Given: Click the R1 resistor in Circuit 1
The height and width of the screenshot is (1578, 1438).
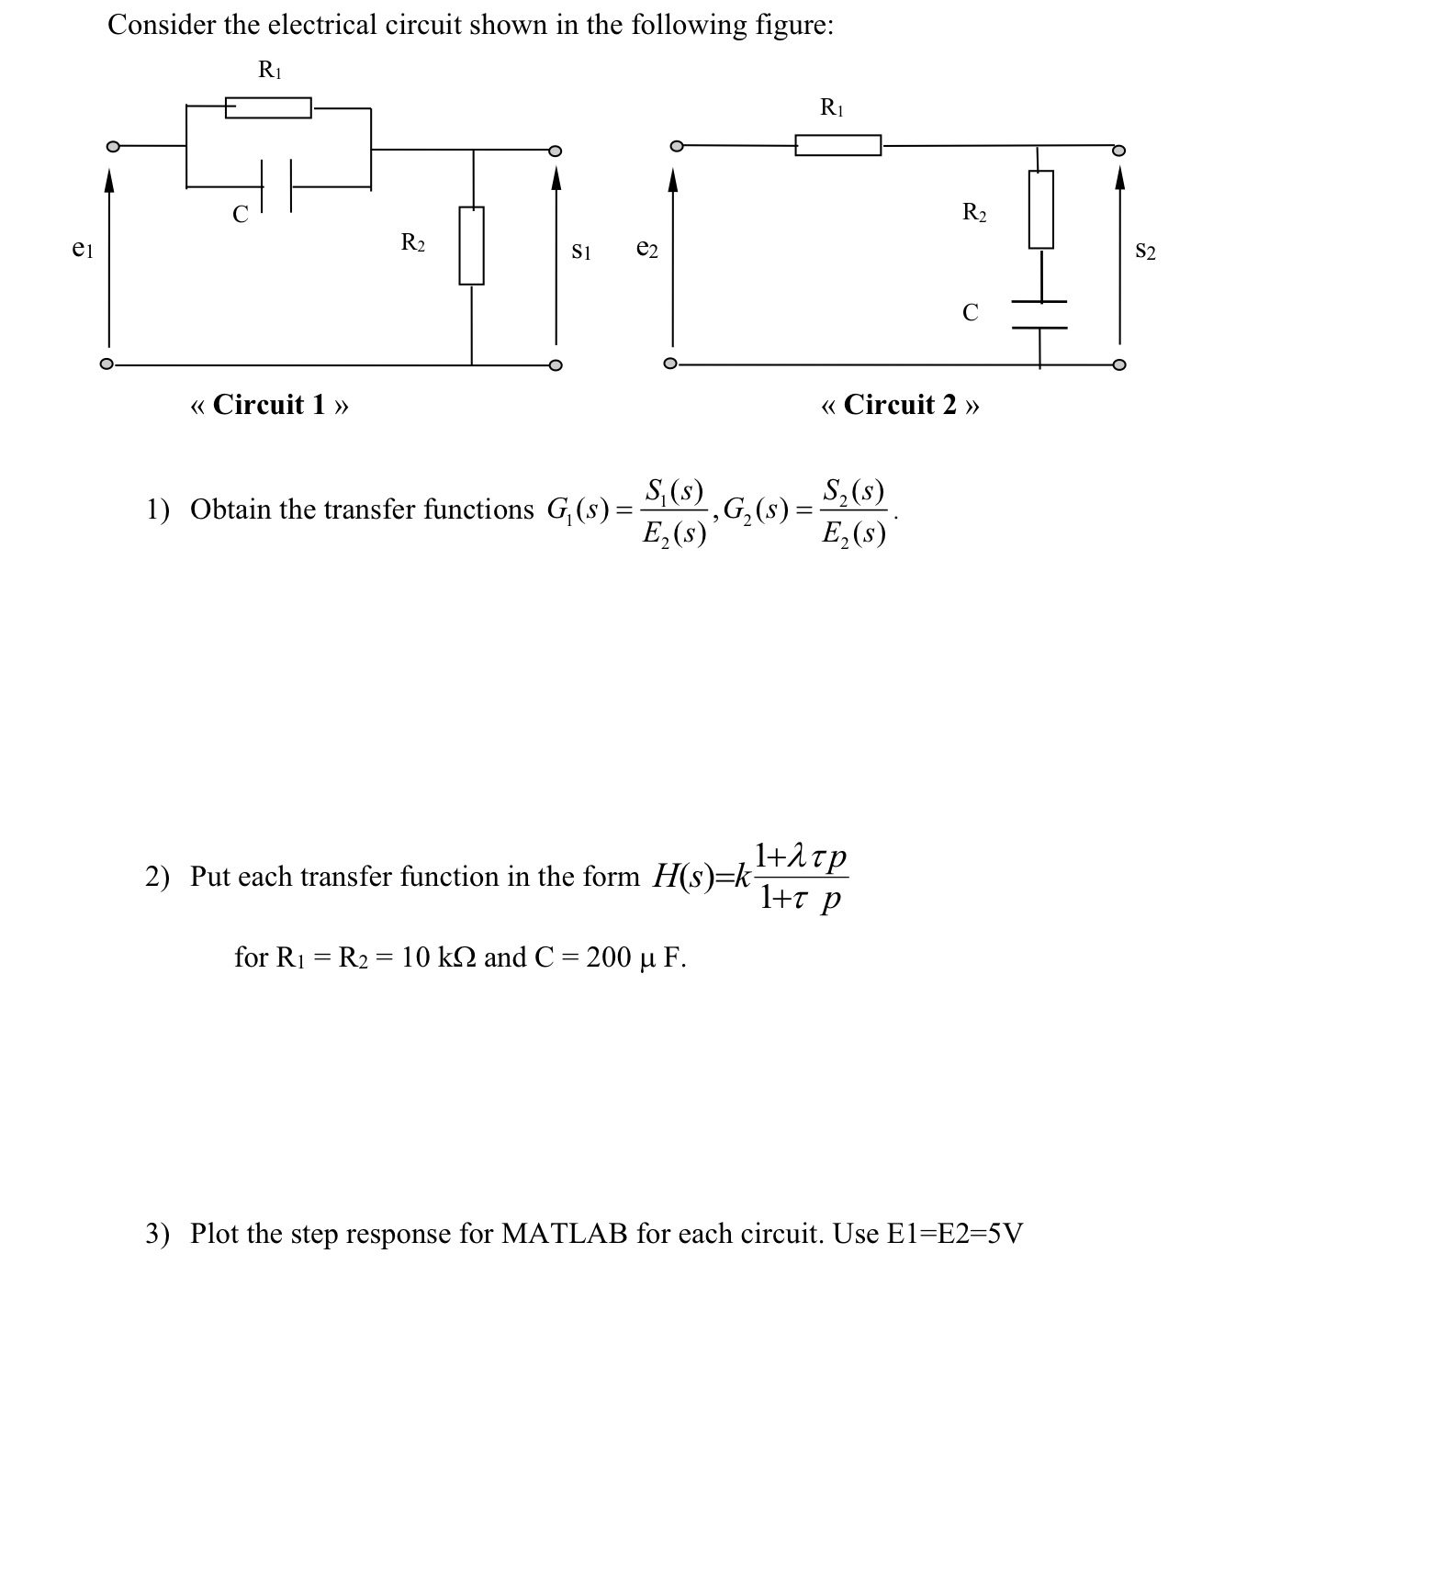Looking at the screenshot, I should [x=268, y=108].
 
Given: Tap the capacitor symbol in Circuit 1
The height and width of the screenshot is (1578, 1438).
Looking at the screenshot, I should [x=276, y=185].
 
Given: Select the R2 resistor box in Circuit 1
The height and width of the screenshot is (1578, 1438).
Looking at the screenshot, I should [x=471, y=245].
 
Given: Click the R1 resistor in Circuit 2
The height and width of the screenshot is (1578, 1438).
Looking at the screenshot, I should [x=837, y=145].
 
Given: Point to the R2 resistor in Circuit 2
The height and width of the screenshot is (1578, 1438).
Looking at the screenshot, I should [x=1040, y=209].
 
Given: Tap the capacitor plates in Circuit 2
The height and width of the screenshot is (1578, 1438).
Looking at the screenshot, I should [x=1039, y=314].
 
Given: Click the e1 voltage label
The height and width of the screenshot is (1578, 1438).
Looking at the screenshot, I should [x=83, y=248].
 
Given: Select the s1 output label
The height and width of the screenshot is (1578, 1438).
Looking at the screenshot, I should [x=581, y=250].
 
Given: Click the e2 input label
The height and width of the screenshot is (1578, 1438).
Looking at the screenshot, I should [x=647, y=249].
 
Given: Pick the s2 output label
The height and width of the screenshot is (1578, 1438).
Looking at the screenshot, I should [x=1145, y=250].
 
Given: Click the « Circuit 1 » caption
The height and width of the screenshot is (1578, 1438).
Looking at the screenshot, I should [x=269, y=405].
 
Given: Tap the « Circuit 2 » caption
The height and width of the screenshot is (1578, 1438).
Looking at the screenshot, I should [x=900, y=405].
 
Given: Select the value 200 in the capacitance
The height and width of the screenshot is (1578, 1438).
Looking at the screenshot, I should [x=608, y=957].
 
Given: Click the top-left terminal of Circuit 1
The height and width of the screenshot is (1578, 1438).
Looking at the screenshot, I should [x=113, y=146].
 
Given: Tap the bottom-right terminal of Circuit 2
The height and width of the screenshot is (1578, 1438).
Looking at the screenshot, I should [x=1118, y=364].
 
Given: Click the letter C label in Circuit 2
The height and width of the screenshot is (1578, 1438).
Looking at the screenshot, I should [x=971, y=313].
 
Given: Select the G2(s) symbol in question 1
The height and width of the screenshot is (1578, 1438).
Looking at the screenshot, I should [x=756, y=509].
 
